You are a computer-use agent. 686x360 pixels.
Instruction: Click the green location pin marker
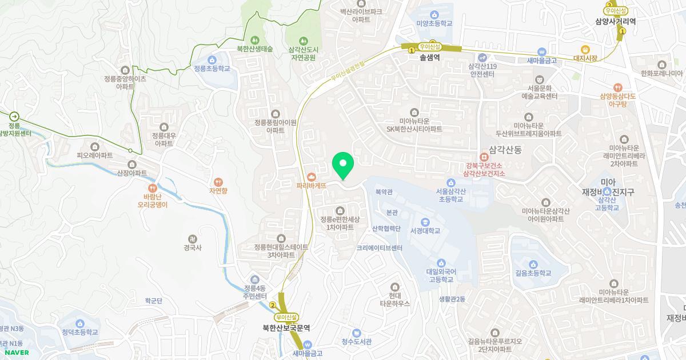tap(343, 166)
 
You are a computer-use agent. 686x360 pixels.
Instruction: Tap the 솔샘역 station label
tap(429, 57)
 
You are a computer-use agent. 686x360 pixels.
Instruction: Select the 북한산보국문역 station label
tap(286, 328)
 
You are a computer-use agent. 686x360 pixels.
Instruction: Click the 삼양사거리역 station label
tap(615, 21)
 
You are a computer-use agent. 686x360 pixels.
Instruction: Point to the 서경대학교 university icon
tap(425, 222)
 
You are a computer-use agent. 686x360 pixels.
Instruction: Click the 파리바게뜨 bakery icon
tap(312, 177)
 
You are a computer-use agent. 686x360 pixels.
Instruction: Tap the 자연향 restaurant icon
tap(218, 181)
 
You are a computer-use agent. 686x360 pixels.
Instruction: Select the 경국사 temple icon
tap(193, 239)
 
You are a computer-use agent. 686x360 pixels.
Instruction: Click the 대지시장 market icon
tap(585, 49)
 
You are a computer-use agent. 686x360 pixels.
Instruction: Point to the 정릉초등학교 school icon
tap(212, 59)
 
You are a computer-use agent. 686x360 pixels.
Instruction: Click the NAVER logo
tap(17, 353)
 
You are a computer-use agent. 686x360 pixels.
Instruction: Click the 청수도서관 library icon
tap(356, 333)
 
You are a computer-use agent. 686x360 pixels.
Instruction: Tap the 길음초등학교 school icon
tap(533, 263)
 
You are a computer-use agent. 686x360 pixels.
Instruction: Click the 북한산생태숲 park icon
tap(255, 40)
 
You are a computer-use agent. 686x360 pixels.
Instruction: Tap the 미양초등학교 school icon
tap(434, 14)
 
